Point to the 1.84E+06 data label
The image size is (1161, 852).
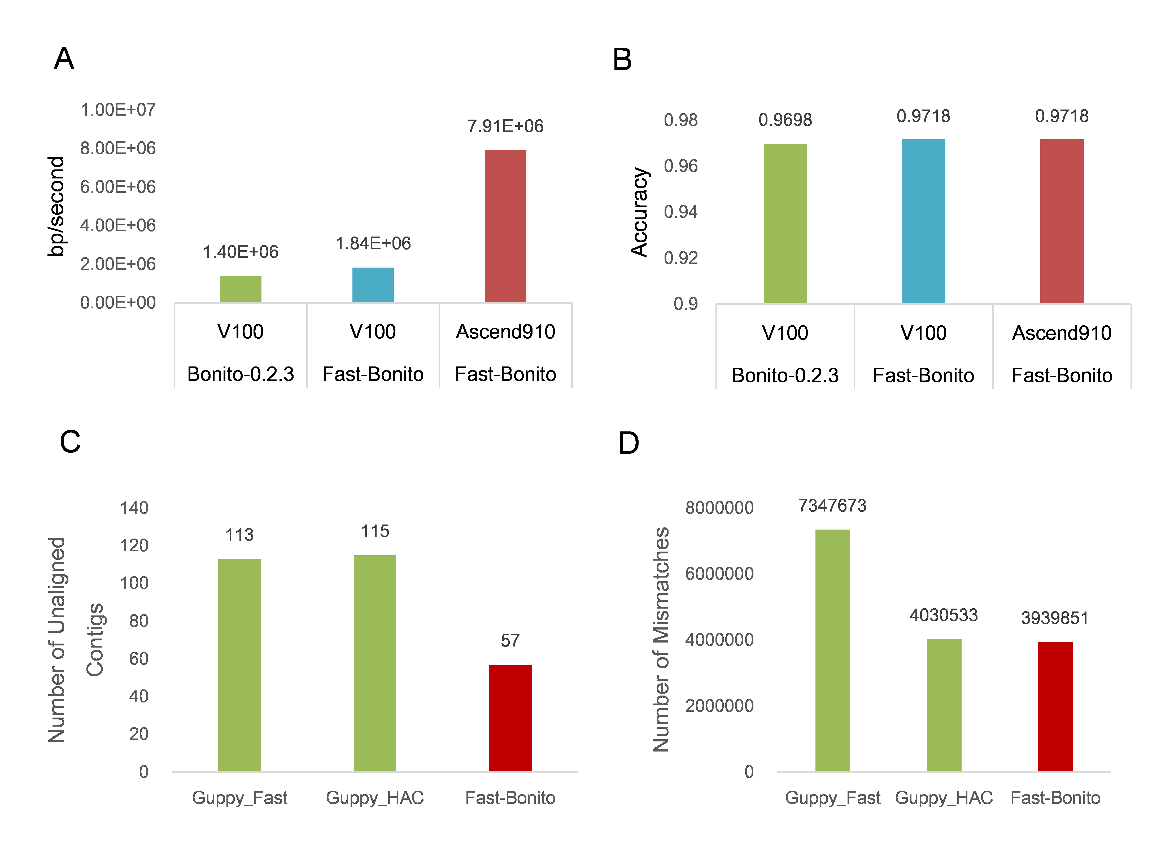[373, 243]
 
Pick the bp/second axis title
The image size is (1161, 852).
[56, 206]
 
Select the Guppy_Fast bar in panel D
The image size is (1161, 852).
[832, 650]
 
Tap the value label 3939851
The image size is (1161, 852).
[1055, 618]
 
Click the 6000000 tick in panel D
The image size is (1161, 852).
[719, 574]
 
